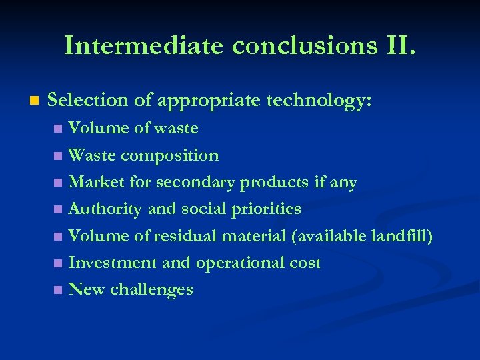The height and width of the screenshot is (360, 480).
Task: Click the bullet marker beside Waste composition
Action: pyautogui.click(x=59, y=156)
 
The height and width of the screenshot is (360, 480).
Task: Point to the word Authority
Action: pyautogui.click(x=105, y=209)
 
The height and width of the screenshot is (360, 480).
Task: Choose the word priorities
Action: pyautogui.click(x=266, y=209)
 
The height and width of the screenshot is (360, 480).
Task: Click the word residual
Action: pyautogui.click(x=185, y=236)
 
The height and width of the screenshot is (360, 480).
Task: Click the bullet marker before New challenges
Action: pyautogui.click(x=59, y=290)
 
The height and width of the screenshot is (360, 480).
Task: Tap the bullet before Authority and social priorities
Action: pyautogui.click(x=59, y=210)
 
